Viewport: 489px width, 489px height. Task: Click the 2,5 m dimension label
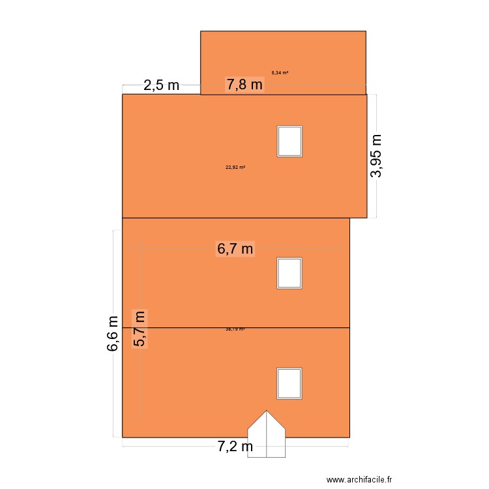(x=161, y=85)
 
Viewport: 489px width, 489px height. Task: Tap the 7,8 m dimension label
(x=244, y=84)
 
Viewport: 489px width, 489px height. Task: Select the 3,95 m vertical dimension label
(x=377, y=155)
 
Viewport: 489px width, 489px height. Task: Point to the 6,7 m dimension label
(x=235, y=248)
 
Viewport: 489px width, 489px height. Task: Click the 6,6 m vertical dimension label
(x=113, y=334)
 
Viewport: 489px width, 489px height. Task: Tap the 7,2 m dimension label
(x=235, y=447)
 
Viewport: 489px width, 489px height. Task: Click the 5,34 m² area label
(x=280, y=73)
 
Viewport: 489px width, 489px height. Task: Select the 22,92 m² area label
(x=235, y=168)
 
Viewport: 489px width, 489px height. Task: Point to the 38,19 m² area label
(x=235, y=330)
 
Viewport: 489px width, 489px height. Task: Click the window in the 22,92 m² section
(x=290, y=141)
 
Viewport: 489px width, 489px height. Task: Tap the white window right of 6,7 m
(x=290, y=273)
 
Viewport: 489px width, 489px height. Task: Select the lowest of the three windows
(x=290, y=383)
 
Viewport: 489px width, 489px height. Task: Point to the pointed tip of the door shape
(x=267, y=411)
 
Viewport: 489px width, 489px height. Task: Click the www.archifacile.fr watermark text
(x=360, y=480)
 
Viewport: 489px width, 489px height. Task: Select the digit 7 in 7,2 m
(x=222, y=447)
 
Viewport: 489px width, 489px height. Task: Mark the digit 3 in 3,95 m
(x=377, y=173)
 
